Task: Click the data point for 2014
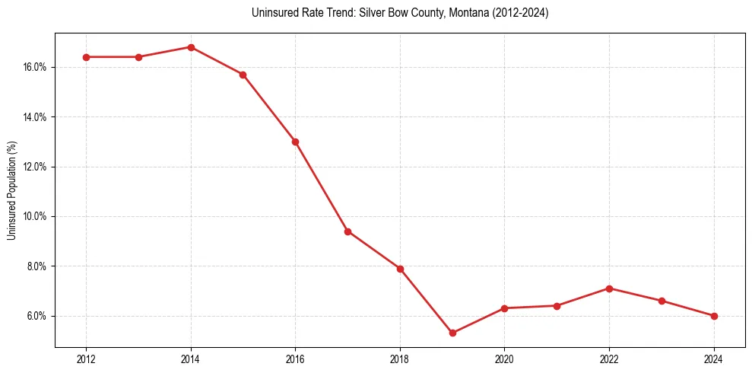pyautogui.click(x=191, y=47)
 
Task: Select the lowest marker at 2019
pyautogui.click(x=452, y=333)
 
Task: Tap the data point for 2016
pyautogui.click(x=295, y=142)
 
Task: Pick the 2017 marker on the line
pyautogui.click(x=347, y=231)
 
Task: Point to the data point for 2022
pyautogui.click(x=609, y=289)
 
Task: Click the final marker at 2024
pyautogui.click(x=714, y=316)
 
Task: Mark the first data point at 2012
pyautogui.click(x=86, y=57)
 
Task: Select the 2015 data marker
pyautogui.click(x=243, y=75)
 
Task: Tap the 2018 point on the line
pyautogui.click(x=400, y=269)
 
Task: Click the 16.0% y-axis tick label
pyautogui.click(x=35, y=67)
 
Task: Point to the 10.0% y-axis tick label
pyautogui.click(x=35, y=216)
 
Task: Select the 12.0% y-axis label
pyautogui.click(x=35, y=167)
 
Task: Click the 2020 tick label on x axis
pyautogui.click(x=504, y=359)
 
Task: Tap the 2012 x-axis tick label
pyautogui.click(x=86, y=359)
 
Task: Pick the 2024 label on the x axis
pyautogui.click(x=714, y=359)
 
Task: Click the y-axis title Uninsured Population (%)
pyautogui.click(x=12, y=190)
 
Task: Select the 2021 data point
pyautogui.click(x=557, y=306)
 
